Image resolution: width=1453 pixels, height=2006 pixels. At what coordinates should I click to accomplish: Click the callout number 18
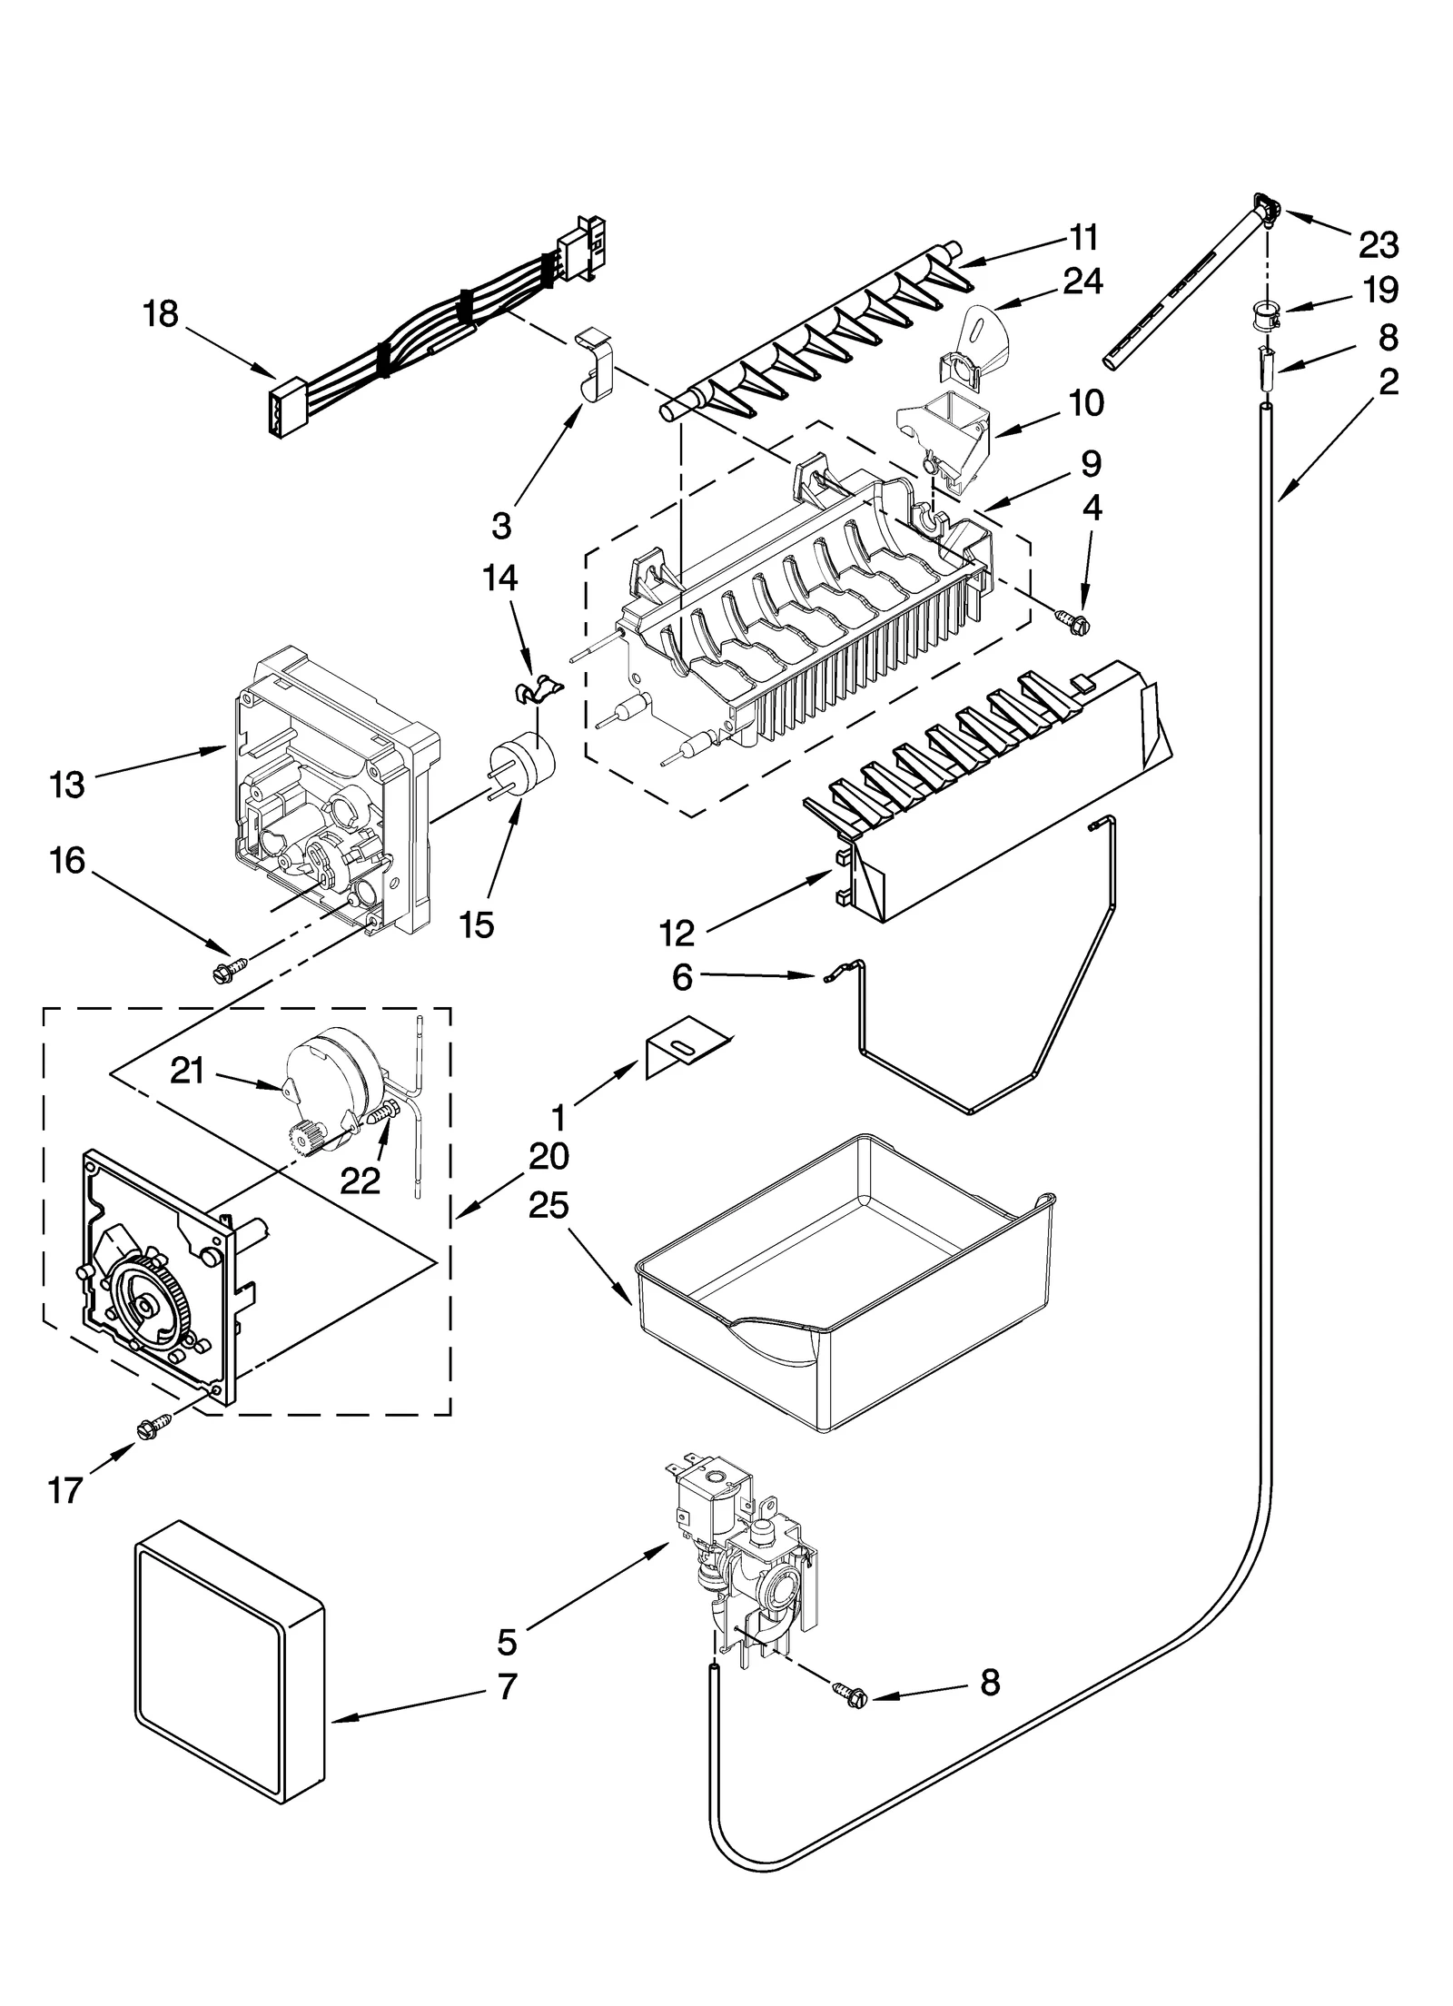tap(160, 315)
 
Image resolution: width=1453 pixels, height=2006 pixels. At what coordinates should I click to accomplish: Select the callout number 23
tap(1378, 244)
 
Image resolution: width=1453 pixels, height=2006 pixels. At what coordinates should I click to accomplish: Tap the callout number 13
tap(66, 784)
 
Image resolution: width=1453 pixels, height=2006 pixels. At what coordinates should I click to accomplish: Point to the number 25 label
tap(549, 1205)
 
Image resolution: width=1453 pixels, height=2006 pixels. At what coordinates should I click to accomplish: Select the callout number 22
tap(360, 1181)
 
